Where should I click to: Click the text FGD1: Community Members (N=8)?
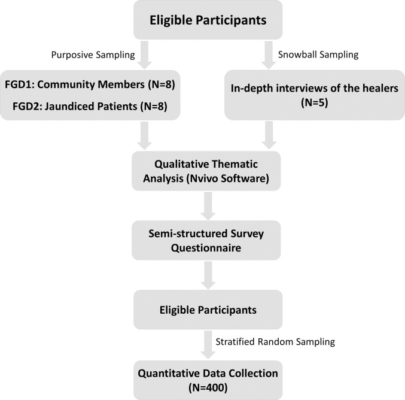click(90, 84)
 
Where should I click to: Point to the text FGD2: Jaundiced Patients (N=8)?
click(90, 107)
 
